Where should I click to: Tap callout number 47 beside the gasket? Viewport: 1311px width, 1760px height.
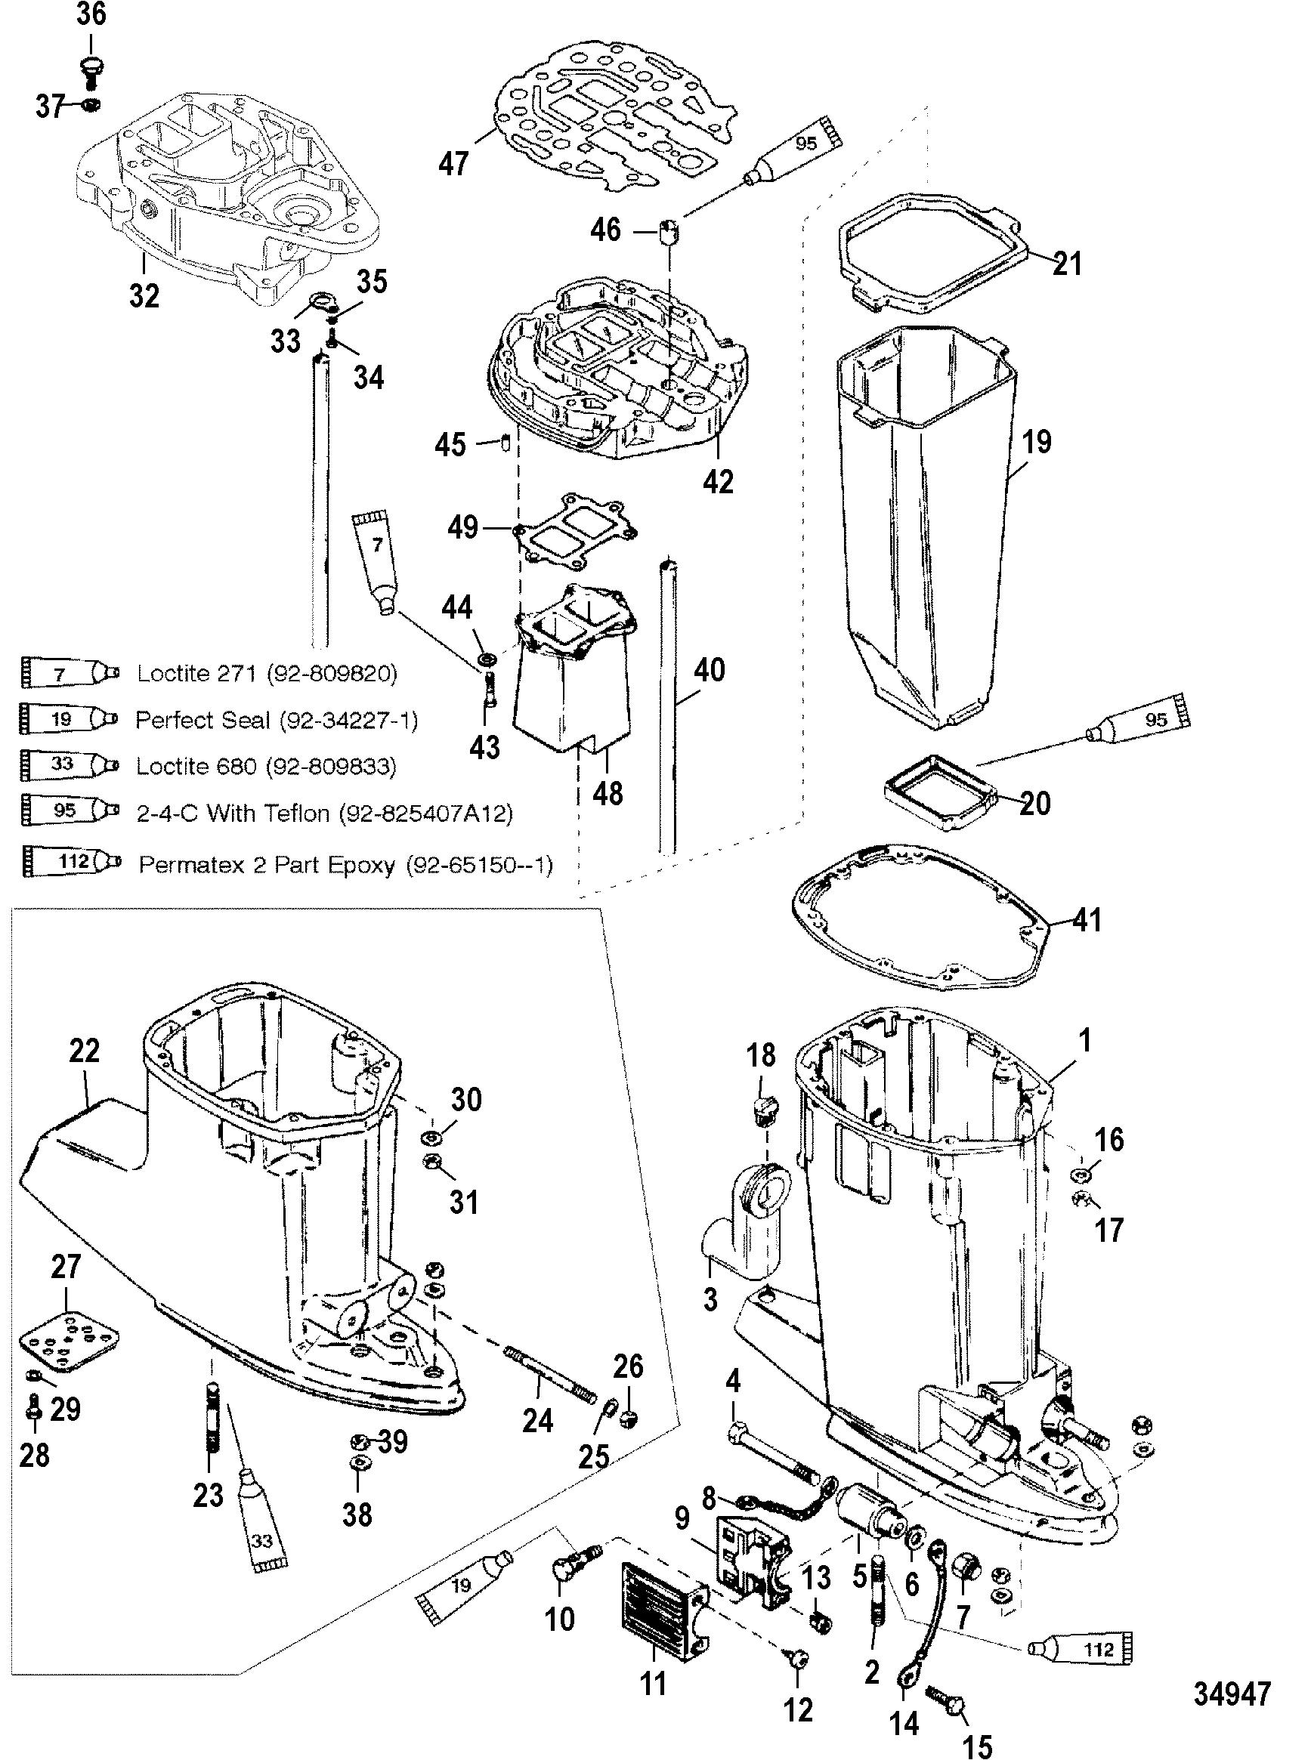(x=454, y=163)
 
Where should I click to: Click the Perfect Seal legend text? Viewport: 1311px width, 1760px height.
(x=275, y=719)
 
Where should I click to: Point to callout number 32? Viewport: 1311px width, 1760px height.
(x=144, y=295)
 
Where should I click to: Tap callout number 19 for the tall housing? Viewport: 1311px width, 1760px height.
(x=1037, y=442)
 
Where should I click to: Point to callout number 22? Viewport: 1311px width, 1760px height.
(x=84, y=1050)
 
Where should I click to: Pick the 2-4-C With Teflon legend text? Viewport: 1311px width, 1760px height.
(x=323, y=814)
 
